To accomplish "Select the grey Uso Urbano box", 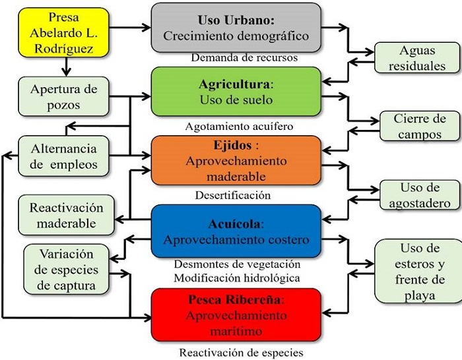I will pyautogui.click(x=236, y=27).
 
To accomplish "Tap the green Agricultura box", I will pyautogui.click(x=236, y=92).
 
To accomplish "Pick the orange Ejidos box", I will pyautogui.click(x=236, y=161).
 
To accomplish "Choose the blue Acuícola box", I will pyautogui.click(x=236, y=231).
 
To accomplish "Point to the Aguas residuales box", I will pyautogui.click(x=416, y=58).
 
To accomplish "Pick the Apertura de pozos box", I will pyautogui.click(x=64, y=96).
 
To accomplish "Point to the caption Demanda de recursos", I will pyautogui.click(x=244, y=57).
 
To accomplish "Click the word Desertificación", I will pyautogui.click(x=233, y=195).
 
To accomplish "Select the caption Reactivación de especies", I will pyautogui.click(x=241, y=352).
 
